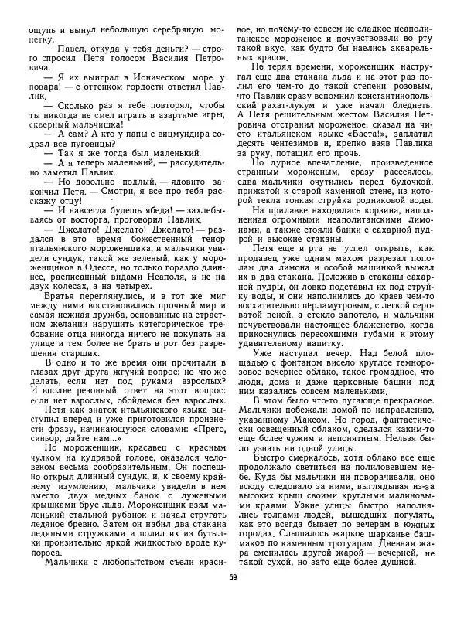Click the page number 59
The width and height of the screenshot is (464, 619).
pyautogui.click(x=232, y=599)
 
